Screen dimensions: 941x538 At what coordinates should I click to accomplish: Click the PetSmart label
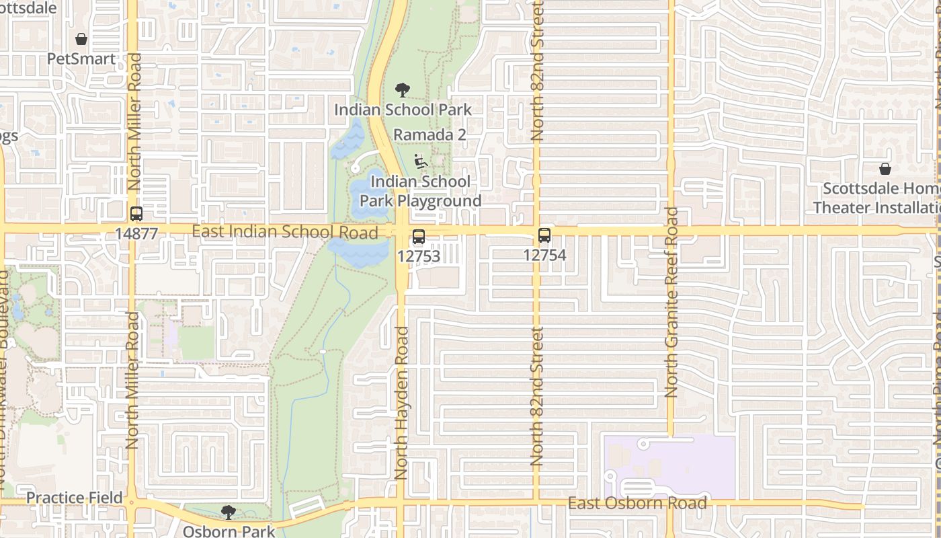point(81,59)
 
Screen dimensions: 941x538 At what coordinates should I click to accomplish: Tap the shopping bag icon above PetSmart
point(81,39)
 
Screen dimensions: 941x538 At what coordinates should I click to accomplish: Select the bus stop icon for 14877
point(136,214)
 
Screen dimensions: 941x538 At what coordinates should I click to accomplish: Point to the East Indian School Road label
point(285,232)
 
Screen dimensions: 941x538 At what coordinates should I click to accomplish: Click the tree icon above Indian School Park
point(403,89)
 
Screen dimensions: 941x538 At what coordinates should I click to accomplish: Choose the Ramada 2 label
point(429,134)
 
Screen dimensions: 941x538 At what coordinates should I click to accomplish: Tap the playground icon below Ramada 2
point(421,161)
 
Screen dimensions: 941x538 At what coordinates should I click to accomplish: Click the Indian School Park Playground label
point(421,191)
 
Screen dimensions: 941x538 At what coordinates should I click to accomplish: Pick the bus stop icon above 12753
point(419,237)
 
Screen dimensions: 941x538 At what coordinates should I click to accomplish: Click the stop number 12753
point(419,256)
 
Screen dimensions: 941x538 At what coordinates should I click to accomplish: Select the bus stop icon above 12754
point(544,236)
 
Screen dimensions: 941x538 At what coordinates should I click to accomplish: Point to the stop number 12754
point(544,255)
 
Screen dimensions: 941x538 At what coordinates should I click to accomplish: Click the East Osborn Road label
point(637,503)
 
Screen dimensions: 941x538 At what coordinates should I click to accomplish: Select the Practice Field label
point(75,498)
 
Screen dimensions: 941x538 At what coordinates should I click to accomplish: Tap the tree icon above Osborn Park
point(229,512)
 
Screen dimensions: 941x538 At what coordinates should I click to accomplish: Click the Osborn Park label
point(229,531)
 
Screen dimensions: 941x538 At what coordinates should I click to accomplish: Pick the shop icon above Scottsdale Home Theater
point(885,169)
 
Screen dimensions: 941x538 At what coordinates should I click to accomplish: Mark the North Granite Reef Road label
point(671,302)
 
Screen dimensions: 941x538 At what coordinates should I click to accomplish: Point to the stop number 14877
point(136,233)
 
